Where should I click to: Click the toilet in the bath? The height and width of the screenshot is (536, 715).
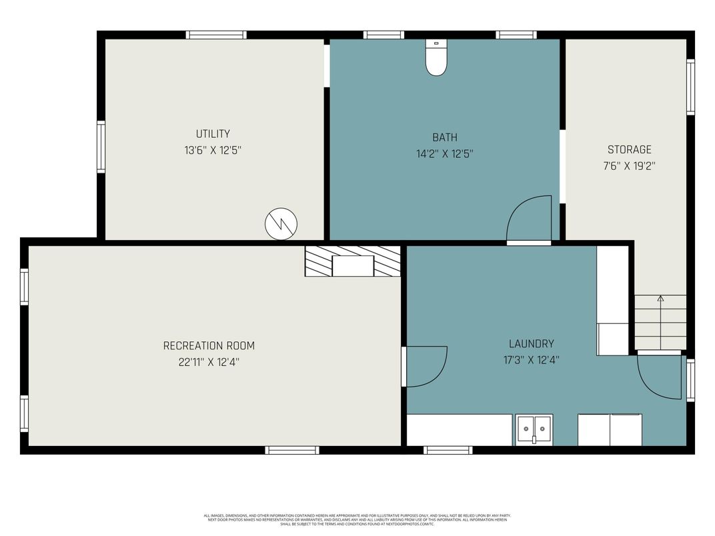pyautogui.click(x=436, y=58)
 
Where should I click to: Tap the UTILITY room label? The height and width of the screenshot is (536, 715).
pyautogui.click(x=213, y=134)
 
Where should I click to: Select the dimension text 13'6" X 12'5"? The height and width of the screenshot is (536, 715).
pyautogui.click(x=213, y=151)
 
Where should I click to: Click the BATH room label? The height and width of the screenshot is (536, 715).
pyautogui.click(x=445, y=137)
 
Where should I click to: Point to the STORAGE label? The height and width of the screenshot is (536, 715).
pyautogui.click(x=629, y=149)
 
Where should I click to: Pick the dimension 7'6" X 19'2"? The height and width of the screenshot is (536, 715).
pyautogui.click(x=629, y=166)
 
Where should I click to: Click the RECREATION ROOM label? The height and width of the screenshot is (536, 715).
pyautogui.click(x=209, y=345)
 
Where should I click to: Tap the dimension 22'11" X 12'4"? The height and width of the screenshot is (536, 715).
pyautogui.click(x=209, y=362)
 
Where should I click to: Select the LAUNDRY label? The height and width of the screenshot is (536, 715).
pyautogui.click(x=531, y=344)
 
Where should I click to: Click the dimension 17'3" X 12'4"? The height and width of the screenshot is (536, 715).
pyautogui.click(x=531, y=360)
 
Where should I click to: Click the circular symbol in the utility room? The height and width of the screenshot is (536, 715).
pyautogui.click(x=281, y=224)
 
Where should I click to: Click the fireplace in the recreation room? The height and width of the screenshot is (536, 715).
pyautogui.click(x=353, y=261)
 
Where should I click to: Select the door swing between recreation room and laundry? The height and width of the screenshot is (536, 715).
pyautogui.click(x=425, y=367)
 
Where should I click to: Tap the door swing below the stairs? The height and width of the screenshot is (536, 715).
pyautogui.click(x=660, y=377)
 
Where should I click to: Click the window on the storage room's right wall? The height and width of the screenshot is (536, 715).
pyautogui.click(x=690, y=87)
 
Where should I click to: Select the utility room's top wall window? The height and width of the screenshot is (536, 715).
pyautogui.click(x=216, y=35)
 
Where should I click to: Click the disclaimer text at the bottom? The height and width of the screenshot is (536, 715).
pyautogui.click(x=357, y=519)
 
